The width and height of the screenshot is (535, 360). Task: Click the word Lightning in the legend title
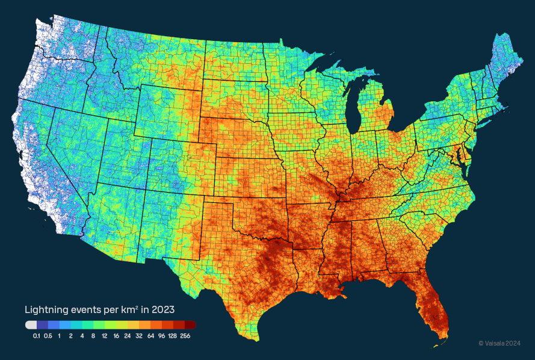(x=45, y=310)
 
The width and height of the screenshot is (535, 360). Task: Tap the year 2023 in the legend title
(x=163, y=310)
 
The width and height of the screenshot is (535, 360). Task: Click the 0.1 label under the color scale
(x=37, y=335)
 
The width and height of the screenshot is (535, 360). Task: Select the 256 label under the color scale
(x=185, y=335)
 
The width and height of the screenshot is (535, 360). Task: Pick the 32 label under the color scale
(x=139, y=335)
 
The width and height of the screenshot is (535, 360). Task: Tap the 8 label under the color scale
(x=93, y=335)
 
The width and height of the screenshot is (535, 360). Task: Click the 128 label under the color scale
(x=173, y=335)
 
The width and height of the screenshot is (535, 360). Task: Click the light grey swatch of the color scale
(x=31, y=325)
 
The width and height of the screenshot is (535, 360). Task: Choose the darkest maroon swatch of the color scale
(x=190, y=325)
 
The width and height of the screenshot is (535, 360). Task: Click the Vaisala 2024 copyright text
(x=499, y=343)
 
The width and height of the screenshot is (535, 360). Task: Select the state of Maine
(x=503, y=57)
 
